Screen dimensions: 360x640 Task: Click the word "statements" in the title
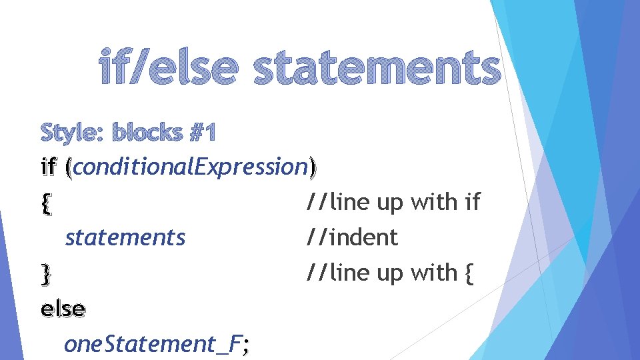click(x=377, y=69)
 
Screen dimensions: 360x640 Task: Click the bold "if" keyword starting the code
click(x=49, y=167)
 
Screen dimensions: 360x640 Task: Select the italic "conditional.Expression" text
click(x=189, y=167)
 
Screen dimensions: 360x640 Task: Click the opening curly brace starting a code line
click(x=45, y=203)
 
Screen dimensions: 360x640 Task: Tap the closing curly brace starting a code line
click(x=45, y=273)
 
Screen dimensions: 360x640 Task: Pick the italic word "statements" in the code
click(x=125, y=237)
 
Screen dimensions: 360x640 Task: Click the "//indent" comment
click(x=351, y=237)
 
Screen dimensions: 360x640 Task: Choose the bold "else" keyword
click(x=63, y=309)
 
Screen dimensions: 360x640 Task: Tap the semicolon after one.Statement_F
click(x=247, y=345)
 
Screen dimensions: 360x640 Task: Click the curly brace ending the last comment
click(x=467, y=273)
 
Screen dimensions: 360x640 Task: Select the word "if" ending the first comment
click(x=471, y=202)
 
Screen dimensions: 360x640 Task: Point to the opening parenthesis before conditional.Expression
click(x=69, y=168)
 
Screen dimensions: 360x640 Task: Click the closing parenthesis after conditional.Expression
click(x=313, y=168)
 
